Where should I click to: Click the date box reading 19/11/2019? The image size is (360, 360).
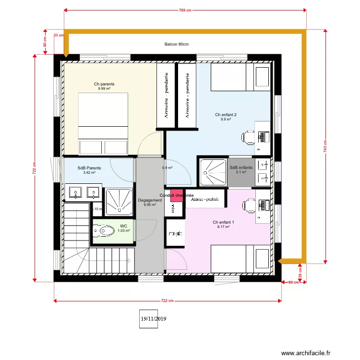[x=153, y=318]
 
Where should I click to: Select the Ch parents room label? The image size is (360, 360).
[x=104, y=84]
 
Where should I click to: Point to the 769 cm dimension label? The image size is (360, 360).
[x=186, y=10]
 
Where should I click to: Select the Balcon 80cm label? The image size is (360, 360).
[x=176, y=44]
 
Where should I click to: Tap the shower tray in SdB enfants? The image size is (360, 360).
[x=213, y=171]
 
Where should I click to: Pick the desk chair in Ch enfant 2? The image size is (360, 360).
[x=248, y=137]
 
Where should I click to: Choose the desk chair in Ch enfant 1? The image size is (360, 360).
[x=249, y=205]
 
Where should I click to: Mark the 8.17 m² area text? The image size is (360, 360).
[x=223, y=227]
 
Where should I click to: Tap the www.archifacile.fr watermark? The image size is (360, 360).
[x=306, y=353]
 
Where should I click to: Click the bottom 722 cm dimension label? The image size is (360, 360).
[x=167, y=301]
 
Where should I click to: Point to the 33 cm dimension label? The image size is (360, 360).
[x=58, y=35]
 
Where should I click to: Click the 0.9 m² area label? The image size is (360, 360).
[x=167, y=168]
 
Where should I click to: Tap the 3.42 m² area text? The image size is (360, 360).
[x=89, y=173]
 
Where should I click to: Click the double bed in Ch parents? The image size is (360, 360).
[x=103, y=123]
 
